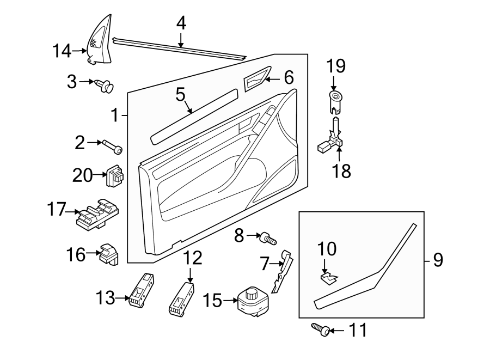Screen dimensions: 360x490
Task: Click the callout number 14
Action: point(62,52)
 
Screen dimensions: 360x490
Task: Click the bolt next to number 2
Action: point(112,147)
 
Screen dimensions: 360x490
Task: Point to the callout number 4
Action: point(181,22)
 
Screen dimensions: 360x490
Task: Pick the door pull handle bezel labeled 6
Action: point(256,80)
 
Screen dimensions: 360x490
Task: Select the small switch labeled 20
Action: point(115,175)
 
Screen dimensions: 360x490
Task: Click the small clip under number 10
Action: point(327,279)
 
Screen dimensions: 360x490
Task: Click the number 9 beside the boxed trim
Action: point(438,260)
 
